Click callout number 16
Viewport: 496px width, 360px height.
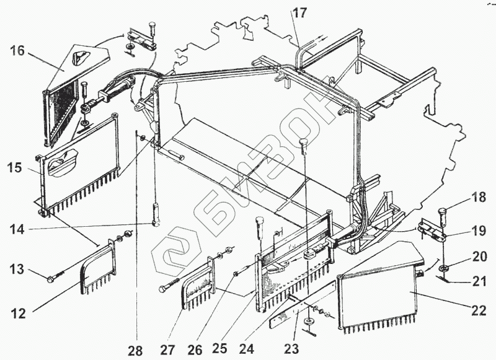pyautogui.click(x=17, y=50)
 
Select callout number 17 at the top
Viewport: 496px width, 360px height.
pyautogui.click(x=300, y=12)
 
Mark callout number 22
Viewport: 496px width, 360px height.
pyautogui.click(x=478, y=310)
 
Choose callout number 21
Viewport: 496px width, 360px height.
pyautogui.click(x=478, y=283)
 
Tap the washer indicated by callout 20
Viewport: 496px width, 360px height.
pyautogui.click(x=445, y=268)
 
